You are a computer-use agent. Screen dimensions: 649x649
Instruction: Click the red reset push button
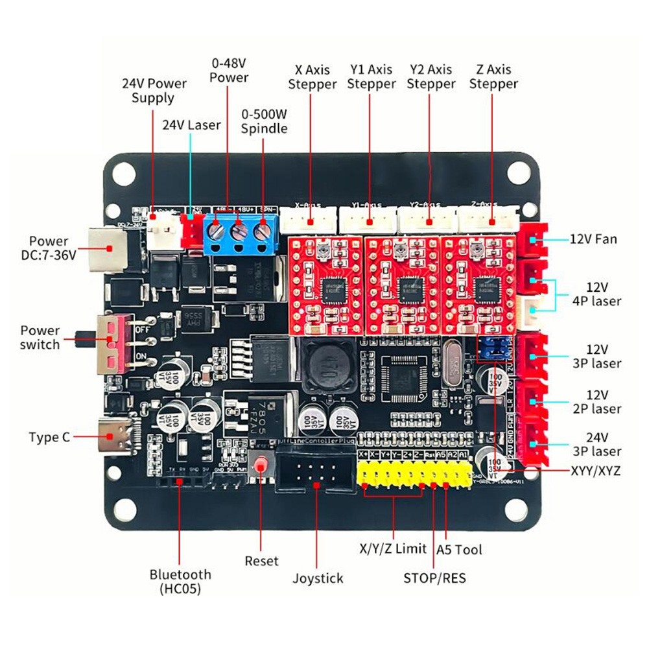coord(261,466)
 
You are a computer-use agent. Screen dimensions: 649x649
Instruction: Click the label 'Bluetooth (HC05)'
coord(180,582)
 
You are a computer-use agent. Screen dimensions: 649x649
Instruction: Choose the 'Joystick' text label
coord(317,578)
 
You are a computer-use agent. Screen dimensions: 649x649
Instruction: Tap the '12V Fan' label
coord(593,239)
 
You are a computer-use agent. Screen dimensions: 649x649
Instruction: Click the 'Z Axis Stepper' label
coord(493,77)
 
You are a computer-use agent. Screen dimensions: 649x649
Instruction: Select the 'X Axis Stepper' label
coord(312,77)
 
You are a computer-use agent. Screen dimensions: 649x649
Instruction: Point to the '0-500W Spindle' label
coord(264,121)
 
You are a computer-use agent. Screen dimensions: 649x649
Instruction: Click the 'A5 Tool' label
coord(460,550)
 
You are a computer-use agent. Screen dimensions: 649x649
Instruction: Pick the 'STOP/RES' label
coord(434,578)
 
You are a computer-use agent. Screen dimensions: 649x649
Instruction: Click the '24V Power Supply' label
coord(154,90)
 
